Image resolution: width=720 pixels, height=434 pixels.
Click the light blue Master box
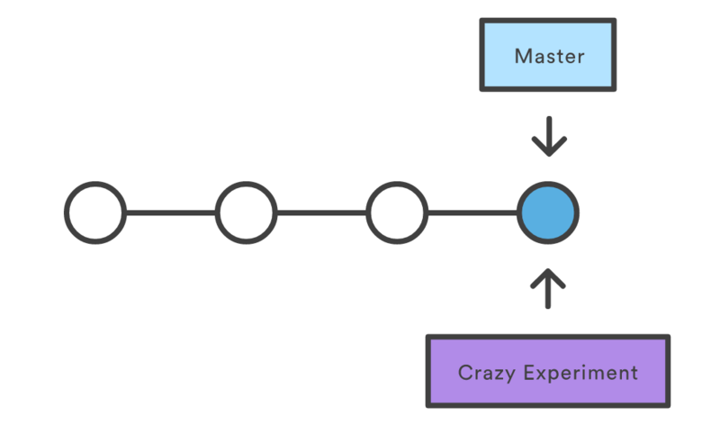point(548,56)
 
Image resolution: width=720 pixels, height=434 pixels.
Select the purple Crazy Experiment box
point(547,372)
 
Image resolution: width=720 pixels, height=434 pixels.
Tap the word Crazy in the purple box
point(484,373)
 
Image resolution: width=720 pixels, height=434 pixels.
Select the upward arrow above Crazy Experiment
point(548,286)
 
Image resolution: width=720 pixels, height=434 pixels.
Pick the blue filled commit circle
point(548,213)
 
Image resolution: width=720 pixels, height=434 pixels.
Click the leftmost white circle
point(95,213)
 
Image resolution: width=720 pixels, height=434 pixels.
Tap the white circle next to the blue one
point(397,213)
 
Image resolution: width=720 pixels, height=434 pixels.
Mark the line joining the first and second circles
point(171,213)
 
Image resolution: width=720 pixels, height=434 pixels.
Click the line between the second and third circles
point(321,213)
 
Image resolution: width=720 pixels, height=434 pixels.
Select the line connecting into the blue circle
point(472,213)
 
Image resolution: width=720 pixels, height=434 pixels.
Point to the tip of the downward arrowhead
point(548,154)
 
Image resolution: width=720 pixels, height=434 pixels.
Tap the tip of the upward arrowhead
point(548,268)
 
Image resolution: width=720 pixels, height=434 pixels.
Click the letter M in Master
point(521,56)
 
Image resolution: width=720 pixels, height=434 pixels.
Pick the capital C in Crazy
point(464,373)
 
